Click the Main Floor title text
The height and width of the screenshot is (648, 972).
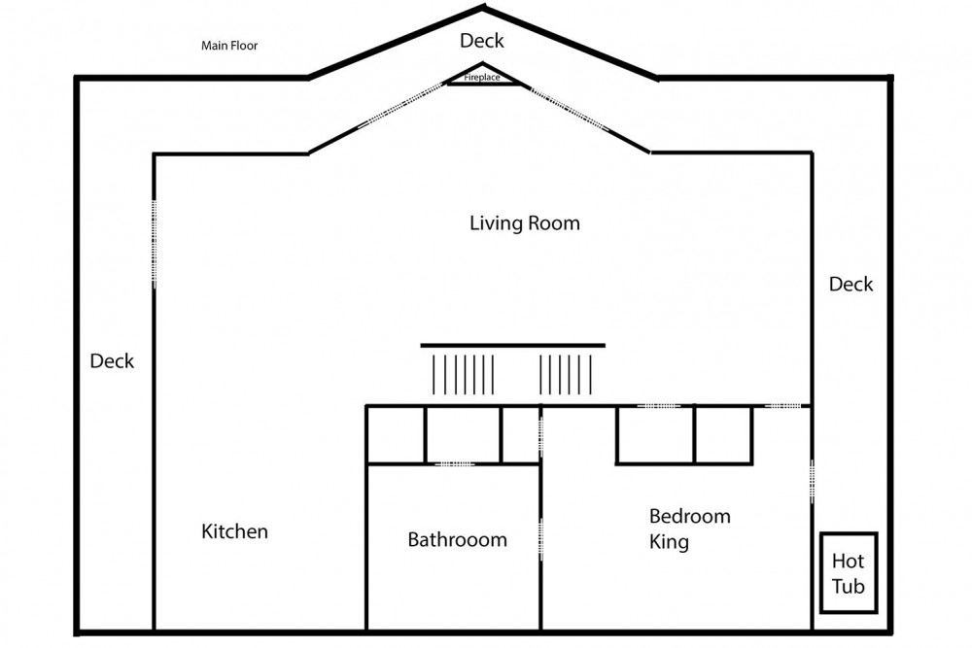(229, 46)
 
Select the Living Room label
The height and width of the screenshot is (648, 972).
(525, 223)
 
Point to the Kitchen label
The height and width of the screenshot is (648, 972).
(234, 531)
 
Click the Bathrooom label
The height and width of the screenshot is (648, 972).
(458, 539)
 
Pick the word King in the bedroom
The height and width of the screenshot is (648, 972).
(669, 542)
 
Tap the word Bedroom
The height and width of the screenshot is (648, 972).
(690, 516)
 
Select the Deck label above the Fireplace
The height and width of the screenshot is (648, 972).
(482, 41)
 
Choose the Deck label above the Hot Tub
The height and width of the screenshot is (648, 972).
(851, 285)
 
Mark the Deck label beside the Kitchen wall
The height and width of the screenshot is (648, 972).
(112, 361)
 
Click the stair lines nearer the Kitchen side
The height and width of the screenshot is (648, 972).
(463, 375)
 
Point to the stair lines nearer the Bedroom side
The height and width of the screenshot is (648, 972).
(566, 375)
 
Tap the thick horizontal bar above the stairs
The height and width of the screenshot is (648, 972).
(512, 346)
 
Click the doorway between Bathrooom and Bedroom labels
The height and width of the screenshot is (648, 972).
(540, 540)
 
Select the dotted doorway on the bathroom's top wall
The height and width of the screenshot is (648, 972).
(454, 463)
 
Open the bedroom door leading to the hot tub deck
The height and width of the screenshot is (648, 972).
(812, 481)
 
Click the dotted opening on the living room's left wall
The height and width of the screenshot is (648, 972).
(154, 244)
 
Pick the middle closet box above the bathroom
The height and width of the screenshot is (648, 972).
(463, 434)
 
